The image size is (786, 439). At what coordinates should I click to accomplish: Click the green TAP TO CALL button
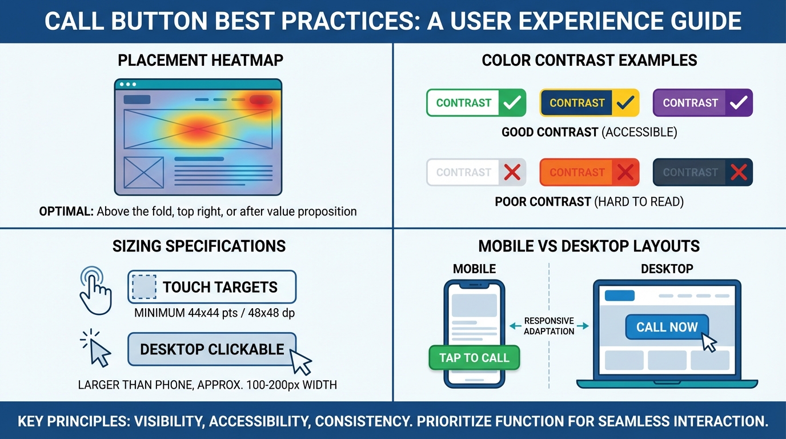[474, 358]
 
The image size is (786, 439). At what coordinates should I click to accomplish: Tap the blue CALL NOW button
[667, 328]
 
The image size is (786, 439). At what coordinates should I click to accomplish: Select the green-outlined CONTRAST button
[463, 103]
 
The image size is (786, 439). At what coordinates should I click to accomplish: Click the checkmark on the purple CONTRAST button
[739, 103]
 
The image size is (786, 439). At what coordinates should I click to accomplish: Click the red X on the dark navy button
[739, 173]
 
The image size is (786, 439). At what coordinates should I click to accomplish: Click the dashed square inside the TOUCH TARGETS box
[144, 287]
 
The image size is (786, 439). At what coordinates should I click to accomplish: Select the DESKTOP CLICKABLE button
[212, 349]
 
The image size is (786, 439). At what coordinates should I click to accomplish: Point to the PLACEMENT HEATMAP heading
[200, 61]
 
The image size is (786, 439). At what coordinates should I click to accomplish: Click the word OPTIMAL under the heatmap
[66, 211]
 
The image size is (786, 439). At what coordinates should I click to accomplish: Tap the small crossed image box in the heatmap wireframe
[143, 172]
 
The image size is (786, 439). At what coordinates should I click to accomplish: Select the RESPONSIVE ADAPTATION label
[548, 326]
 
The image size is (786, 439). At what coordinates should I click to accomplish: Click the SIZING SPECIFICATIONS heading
[199, 246]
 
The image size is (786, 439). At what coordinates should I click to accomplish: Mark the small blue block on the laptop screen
[619, 296]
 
